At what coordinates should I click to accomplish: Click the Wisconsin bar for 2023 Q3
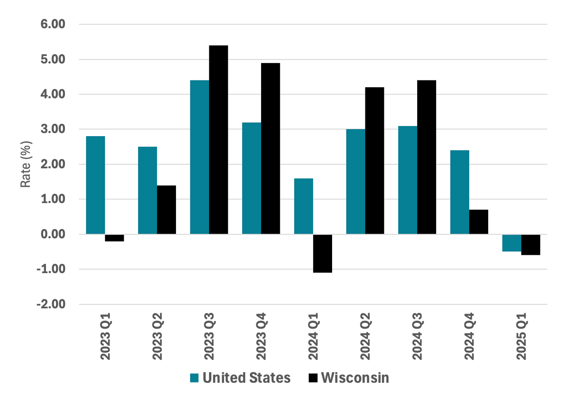pos(218,140)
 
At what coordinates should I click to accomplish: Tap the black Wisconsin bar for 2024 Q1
pos(322,253)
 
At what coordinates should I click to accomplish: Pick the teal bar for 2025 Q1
pos(512,243)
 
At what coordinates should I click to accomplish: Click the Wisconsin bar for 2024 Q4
pos(479,222)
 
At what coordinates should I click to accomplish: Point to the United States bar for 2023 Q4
pos(252,178)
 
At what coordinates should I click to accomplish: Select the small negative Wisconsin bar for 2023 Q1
pos(114,238)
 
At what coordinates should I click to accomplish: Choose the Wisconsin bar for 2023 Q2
pos(166,210)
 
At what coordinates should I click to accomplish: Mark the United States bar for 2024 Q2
pos(355,182)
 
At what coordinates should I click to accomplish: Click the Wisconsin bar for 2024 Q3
pos(427,157)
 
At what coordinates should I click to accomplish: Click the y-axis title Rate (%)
pos(26,164)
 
